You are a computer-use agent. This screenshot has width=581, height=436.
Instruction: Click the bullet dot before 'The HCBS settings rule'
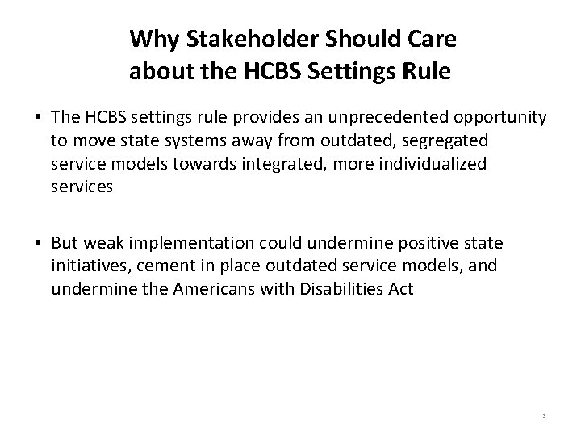click(x=39, y=119)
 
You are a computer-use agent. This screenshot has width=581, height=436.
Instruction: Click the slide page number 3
click(x=545, y=416)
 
